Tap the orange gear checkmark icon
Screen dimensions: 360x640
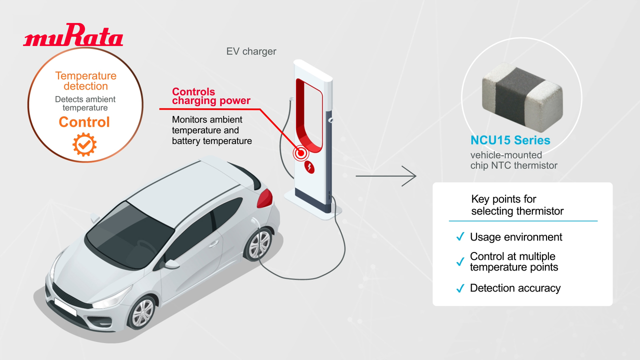coord(84,144)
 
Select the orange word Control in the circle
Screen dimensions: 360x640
coord(84,122)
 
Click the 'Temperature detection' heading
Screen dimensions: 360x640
coord(85,81)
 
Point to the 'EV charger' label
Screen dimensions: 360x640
coord(251,51)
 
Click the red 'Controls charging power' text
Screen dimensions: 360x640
coord(211,96)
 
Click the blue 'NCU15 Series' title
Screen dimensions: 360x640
coord(510,140)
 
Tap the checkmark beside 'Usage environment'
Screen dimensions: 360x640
coord(460,237)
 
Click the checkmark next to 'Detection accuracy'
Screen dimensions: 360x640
coord(460,288)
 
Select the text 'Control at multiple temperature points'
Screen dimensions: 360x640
coord(513,262)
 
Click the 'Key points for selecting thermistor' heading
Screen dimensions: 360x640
coord(517,205)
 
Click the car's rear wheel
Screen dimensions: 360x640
coord(259,245)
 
